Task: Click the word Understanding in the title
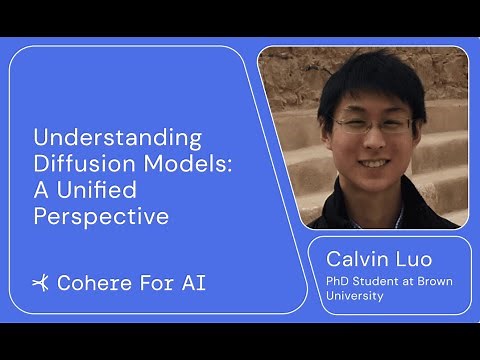[x=117, y=137]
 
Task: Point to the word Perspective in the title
[x=100, y=215]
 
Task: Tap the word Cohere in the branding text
[x=93, y=283]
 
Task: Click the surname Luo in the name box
[x=414, y=260]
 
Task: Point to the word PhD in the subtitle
[x=339, y=282]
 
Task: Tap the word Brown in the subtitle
[x=433, y=282]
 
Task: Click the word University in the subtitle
[x=355, y=296]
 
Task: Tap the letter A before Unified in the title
[x=41, y=189]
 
